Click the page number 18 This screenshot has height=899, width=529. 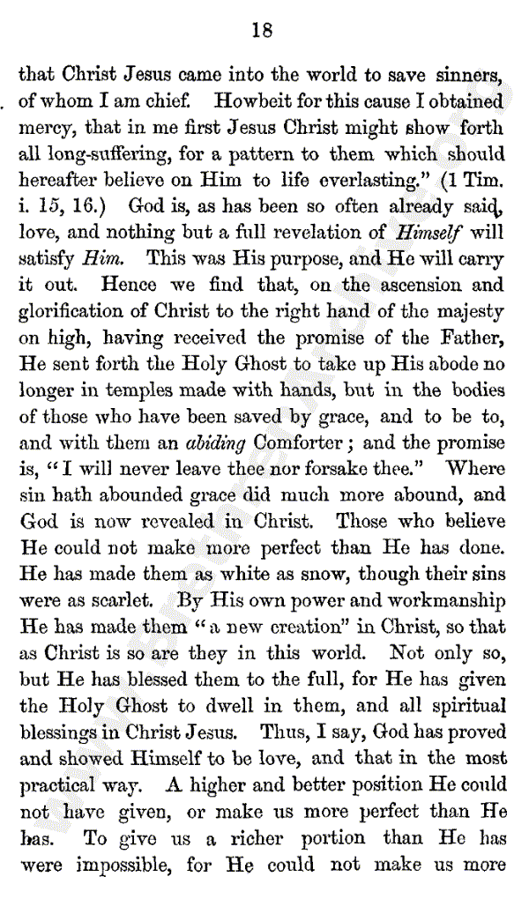pyautogui.click(x=262, y=31)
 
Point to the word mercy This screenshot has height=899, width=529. pyautogui.click(x=47, y=129)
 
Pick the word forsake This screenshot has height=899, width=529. pyautogui.click(x=357, y=470)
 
